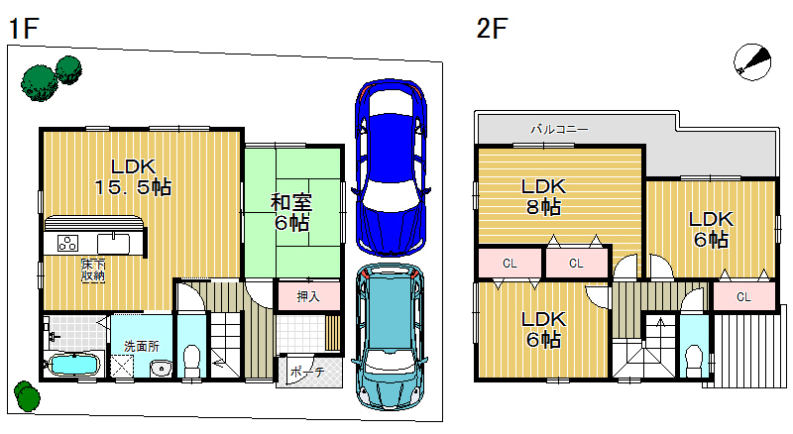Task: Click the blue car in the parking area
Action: pos(390,167)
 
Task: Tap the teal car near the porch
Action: pos(390,337)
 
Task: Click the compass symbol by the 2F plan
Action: pos(752,61)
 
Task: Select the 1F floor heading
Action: pos(23,29)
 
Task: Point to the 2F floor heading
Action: pos(491,29)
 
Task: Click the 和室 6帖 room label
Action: pos(291,212)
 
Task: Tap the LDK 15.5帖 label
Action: pos(134,177)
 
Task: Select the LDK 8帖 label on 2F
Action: pos(543,197)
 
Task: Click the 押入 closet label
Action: pos(308,296)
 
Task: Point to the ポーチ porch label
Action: pos(307,372)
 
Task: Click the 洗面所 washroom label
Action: pos(142,347)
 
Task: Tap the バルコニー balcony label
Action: pos(559,130)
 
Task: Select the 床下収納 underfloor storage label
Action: pos(93,271)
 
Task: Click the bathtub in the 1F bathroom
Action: pos(73,365)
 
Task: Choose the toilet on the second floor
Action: pos(694,361)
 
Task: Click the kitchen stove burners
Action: pos(67,244)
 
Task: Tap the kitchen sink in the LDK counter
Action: pos(113,244)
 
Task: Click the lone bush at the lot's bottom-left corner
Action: pos(27,396)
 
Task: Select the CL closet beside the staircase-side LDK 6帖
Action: pos(743,297)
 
